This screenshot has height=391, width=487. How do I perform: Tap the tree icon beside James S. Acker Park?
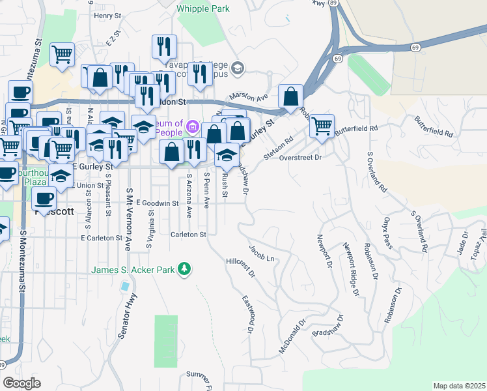[185, 268]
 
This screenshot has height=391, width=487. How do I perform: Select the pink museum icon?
[193, 125]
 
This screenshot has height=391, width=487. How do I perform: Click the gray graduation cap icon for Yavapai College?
[238, 67]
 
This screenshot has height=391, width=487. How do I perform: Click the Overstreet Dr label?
[300, 158]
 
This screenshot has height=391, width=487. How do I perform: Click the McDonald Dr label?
[292, 340]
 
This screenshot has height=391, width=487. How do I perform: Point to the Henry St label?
[108, 15]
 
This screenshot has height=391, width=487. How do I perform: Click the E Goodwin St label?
[158, 203]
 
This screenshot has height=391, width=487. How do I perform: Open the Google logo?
[22, 383]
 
